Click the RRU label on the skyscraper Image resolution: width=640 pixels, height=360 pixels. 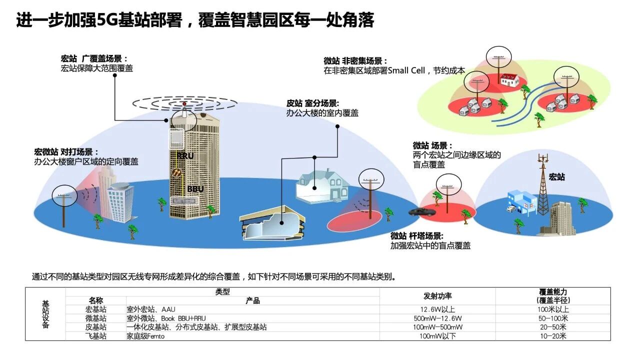185,156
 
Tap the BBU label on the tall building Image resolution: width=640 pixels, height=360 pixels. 195,189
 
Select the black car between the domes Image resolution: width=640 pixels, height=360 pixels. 422,211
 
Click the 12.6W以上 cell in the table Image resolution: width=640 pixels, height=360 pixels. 437,309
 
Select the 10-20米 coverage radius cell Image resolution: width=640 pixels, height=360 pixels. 553,336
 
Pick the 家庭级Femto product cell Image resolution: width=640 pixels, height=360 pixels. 145,336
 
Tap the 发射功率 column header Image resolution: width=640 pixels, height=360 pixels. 437,296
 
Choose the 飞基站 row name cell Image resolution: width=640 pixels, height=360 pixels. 95,336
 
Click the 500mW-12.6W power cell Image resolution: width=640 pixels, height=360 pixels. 437,318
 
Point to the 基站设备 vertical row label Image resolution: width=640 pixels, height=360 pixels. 45,314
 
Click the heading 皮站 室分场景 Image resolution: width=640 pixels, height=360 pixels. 312,103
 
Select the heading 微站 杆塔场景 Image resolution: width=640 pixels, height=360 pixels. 417,235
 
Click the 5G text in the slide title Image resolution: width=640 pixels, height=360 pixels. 107,20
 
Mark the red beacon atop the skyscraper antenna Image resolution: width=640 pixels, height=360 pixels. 184,103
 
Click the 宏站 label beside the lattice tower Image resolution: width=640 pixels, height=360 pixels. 556,177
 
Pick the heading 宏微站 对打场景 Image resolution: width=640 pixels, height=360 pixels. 66,151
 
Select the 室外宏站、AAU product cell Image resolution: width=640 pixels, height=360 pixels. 151,309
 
